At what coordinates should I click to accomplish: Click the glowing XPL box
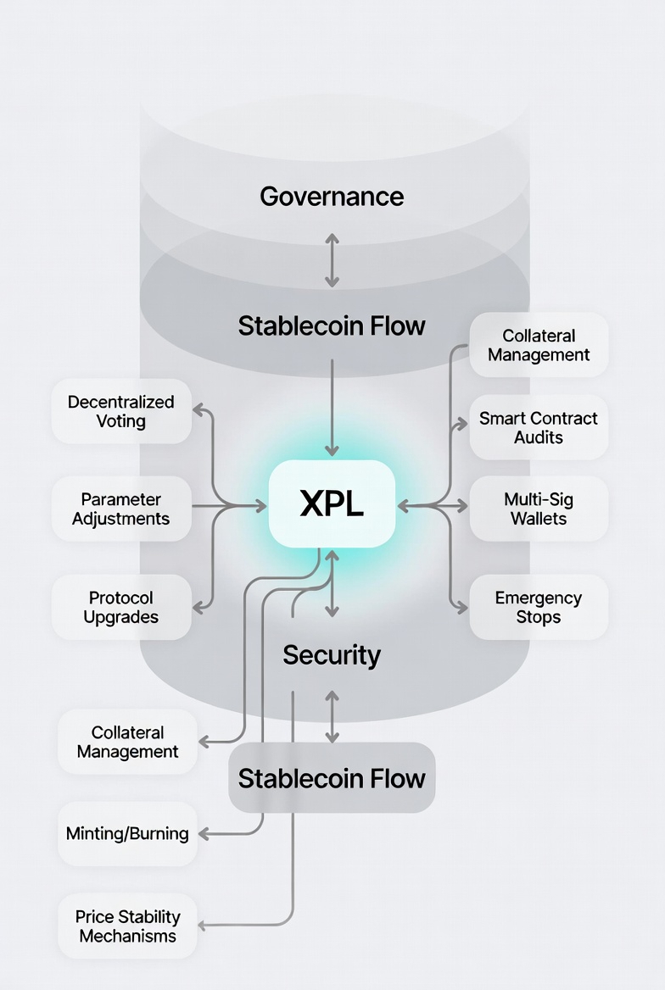tap(332, 503)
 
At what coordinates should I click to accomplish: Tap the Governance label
tap(332, 197)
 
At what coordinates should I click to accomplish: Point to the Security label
tap(332, 654)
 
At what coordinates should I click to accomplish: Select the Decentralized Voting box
tap(121, 411)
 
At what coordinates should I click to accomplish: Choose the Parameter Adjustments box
tap(121, 509)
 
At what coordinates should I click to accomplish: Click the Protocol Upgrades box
tap(121, 607)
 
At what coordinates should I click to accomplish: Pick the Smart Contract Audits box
tap(539, 427)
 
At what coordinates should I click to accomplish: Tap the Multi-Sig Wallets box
tap(539, 509)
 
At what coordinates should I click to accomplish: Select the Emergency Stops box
tap(539, 607)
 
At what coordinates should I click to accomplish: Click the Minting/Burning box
tap(127, 833)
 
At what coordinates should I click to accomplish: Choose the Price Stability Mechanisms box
tap(127, 926)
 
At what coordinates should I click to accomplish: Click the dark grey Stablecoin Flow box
tap(332, 778)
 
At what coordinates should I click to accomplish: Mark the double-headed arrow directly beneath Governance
tap(332, 261)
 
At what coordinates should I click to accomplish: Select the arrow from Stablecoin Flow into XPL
tap(332, 407)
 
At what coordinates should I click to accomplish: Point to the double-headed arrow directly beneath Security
tap(332, 717)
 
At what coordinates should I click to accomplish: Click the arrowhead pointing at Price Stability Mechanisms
tap(204, 924)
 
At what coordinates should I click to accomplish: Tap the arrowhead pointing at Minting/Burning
tap(204, 834)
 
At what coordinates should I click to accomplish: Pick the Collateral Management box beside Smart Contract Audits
tap(539, 345)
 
